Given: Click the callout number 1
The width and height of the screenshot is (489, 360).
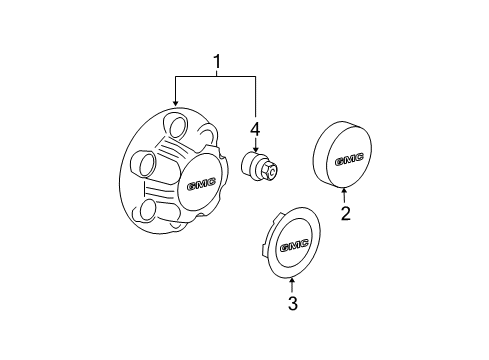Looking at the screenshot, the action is coord(215,63).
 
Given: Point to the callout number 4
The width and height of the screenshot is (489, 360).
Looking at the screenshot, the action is coord(255,128).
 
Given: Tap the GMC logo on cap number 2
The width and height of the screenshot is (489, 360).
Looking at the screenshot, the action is coord(347,158).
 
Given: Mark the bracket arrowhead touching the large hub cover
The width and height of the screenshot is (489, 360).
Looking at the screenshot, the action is coord(175,104).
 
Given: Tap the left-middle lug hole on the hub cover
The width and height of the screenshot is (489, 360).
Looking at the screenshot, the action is coord(145,163).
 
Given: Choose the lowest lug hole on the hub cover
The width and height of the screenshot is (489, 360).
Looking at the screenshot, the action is coord(150,208).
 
